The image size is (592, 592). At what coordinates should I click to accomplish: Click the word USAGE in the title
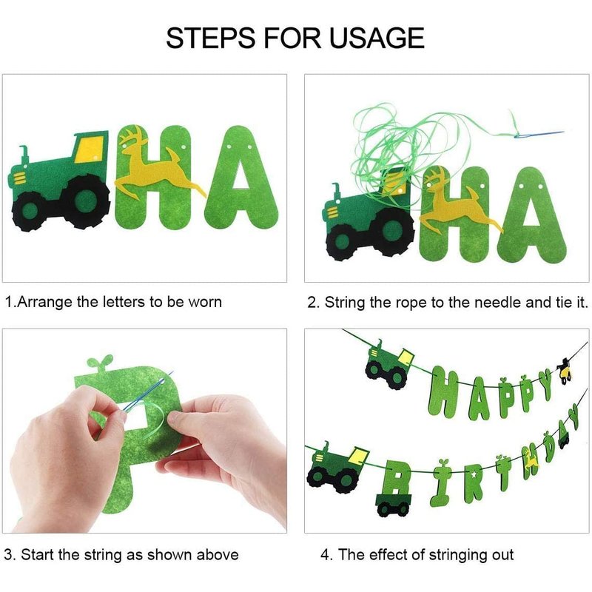click(x=377, y=38)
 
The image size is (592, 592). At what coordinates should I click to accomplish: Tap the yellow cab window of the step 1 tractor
click(x=89, y=149)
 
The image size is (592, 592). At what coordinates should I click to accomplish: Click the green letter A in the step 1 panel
click(x=241, y=176)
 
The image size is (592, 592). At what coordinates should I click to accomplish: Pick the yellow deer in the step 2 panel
click(x=460, y=204)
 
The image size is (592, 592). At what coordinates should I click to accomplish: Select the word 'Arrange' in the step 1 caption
click(x=44, y=303)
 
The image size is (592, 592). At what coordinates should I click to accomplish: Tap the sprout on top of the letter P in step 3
click(x=100, y=363)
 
